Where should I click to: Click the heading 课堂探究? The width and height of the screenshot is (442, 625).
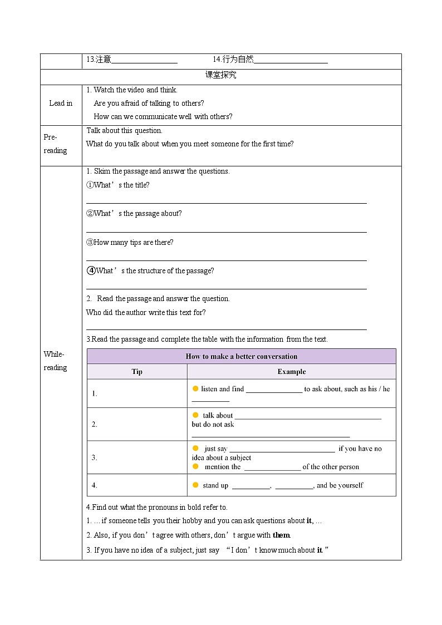(x=220, y=75)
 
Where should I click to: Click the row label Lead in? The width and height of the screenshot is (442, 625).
(x=61, y=103)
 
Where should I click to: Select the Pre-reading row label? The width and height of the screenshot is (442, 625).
(x=55, y=144)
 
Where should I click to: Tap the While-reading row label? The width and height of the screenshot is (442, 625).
(x=55, y=361)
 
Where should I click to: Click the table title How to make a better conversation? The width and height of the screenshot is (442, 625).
(x=241, y=356)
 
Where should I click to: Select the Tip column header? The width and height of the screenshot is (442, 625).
(x=137, y=372)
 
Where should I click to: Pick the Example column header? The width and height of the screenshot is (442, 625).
(x=291, y=372)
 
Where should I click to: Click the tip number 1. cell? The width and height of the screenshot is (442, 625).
(x=95, y=393)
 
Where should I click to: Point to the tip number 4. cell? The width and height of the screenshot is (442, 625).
(x=95, y=485)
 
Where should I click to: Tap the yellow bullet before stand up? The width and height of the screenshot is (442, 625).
(x=195, y=485)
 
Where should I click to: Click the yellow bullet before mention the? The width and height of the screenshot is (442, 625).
(x=195, y=466)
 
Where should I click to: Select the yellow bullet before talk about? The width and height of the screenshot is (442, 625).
(x=195, y=415)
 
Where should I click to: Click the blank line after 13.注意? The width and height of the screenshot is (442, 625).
(x=144, y=62)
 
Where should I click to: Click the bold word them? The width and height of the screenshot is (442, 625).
(x=281, y=535)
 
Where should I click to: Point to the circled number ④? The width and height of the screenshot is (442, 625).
(x=91, y=270)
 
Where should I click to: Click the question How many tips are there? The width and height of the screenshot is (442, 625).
(x=130, y=242)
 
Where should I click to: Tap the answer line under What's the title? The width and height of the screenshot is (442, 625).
(x=226, y=203)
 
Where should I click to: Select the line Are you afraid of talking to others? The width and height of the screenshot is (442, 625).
(x=149, y=103)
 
